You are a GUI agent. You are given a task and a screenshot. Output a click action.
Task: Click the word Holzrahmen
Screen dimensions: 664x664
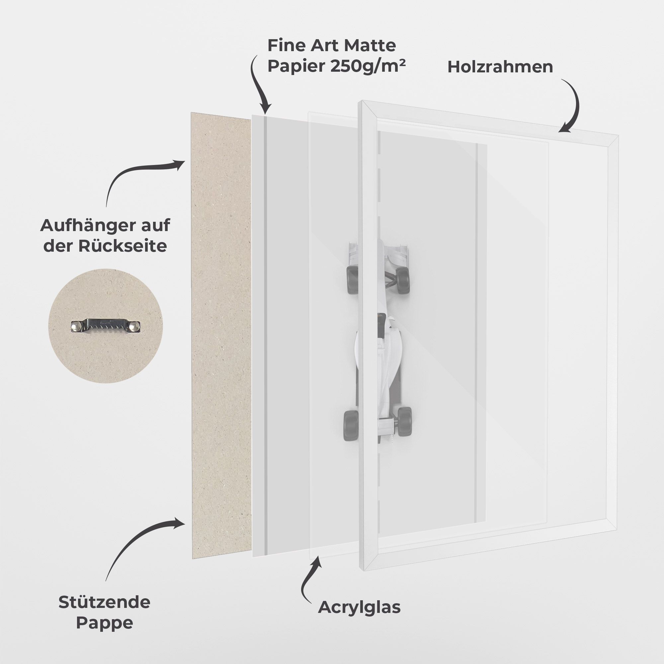(500, 67)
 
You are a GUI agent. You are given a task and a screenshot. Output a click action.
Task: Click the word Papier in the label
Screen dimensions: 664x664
(297, 66)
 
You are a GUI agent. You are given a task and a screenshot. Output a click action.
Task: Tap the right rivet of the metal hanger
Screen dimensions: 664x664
(135, 326)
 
